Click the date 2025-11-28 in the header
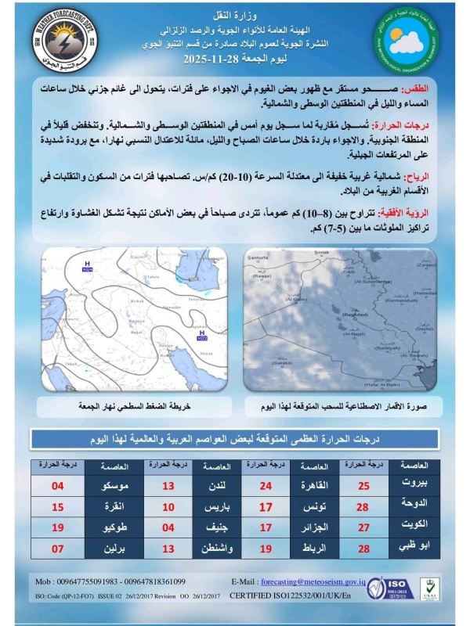point(212,59)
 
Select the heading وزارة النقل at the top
point(233,15)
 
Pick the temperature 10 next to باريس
point(168,506)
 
